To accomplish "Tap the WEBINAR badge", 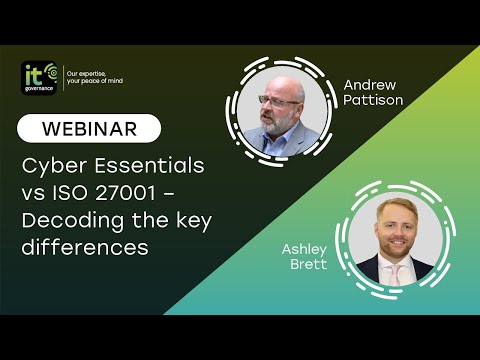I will click(x=89, y=128).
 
